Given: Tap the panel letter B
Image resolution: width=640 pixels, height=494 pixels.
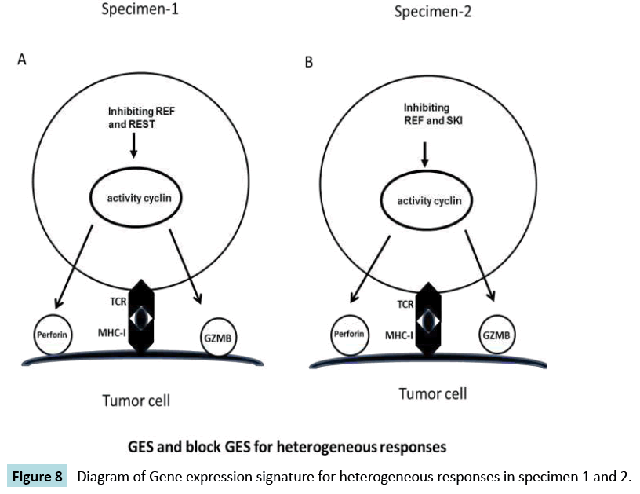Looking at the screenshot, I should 308,63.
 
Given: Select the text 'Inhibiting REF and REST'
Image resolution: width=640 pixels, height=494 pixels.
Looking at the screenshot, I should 141,117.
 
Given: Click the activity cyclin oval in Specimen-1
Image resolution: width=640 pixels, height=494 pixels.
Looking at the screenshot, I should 140,197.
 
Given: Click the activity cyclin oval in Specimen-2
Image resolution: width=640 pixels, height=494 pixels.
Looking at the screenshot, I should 429,201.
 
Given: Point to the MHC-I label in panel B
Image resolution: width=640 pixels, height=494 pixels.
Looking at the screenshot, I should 400,335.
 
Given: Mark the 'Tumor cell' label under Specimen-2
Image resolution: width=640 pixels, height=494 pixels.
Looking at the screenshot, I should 432,393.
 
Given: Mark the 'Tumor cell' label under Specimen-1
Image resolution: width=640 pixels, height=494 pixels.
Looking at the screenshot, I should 136,401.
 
